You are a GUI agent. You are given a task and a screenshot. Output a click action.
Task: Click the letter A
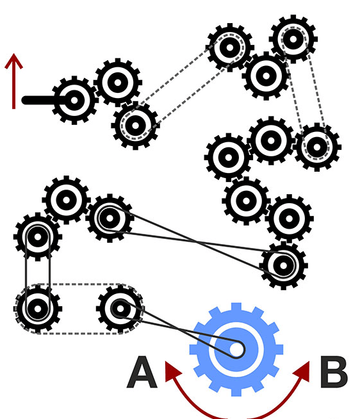(142, 372)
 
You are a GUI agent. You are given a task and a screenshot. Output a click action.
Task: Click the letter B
(334, 372)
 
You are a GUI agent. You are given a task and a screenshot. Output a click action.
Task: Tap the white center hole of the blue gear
(236, 349)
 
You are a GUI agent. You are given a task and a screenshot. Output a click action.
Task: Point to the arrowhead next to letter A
(172, 372)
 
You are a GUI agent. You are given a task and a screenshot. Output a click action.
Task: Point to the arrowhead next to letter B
(302, 372)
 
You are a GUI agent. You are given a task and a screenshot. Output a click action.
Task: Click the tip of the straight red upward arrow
(13, 54)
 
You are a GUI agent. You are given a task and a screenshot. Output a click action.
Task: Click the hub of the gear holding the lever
(74, 101)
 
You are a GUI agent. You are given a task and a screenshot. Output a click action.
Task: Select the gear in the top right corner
(293, 39)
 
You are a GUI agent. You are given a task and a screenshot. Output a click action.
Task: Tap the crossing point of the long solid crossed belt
(197, 242)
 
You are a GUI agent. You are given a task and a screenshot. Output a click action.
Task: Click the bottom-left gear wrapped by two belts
(38, 309)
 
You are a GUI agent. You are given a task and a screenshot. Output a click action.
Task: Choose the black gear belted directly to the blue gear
(120, 309)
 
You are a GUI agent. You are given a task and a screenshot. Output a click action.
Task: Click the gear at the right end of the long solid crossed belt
(283, 266)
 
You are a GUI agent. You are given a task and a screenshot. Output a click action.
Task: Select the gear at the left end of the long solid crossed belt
(110, 218)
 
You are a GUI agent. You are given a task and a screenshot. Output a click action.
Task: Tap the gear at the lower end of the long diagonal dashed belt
(135, 126)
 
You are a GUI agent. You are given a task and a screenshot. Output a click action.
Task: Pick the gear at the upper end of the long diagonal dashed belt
(229, 47)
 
